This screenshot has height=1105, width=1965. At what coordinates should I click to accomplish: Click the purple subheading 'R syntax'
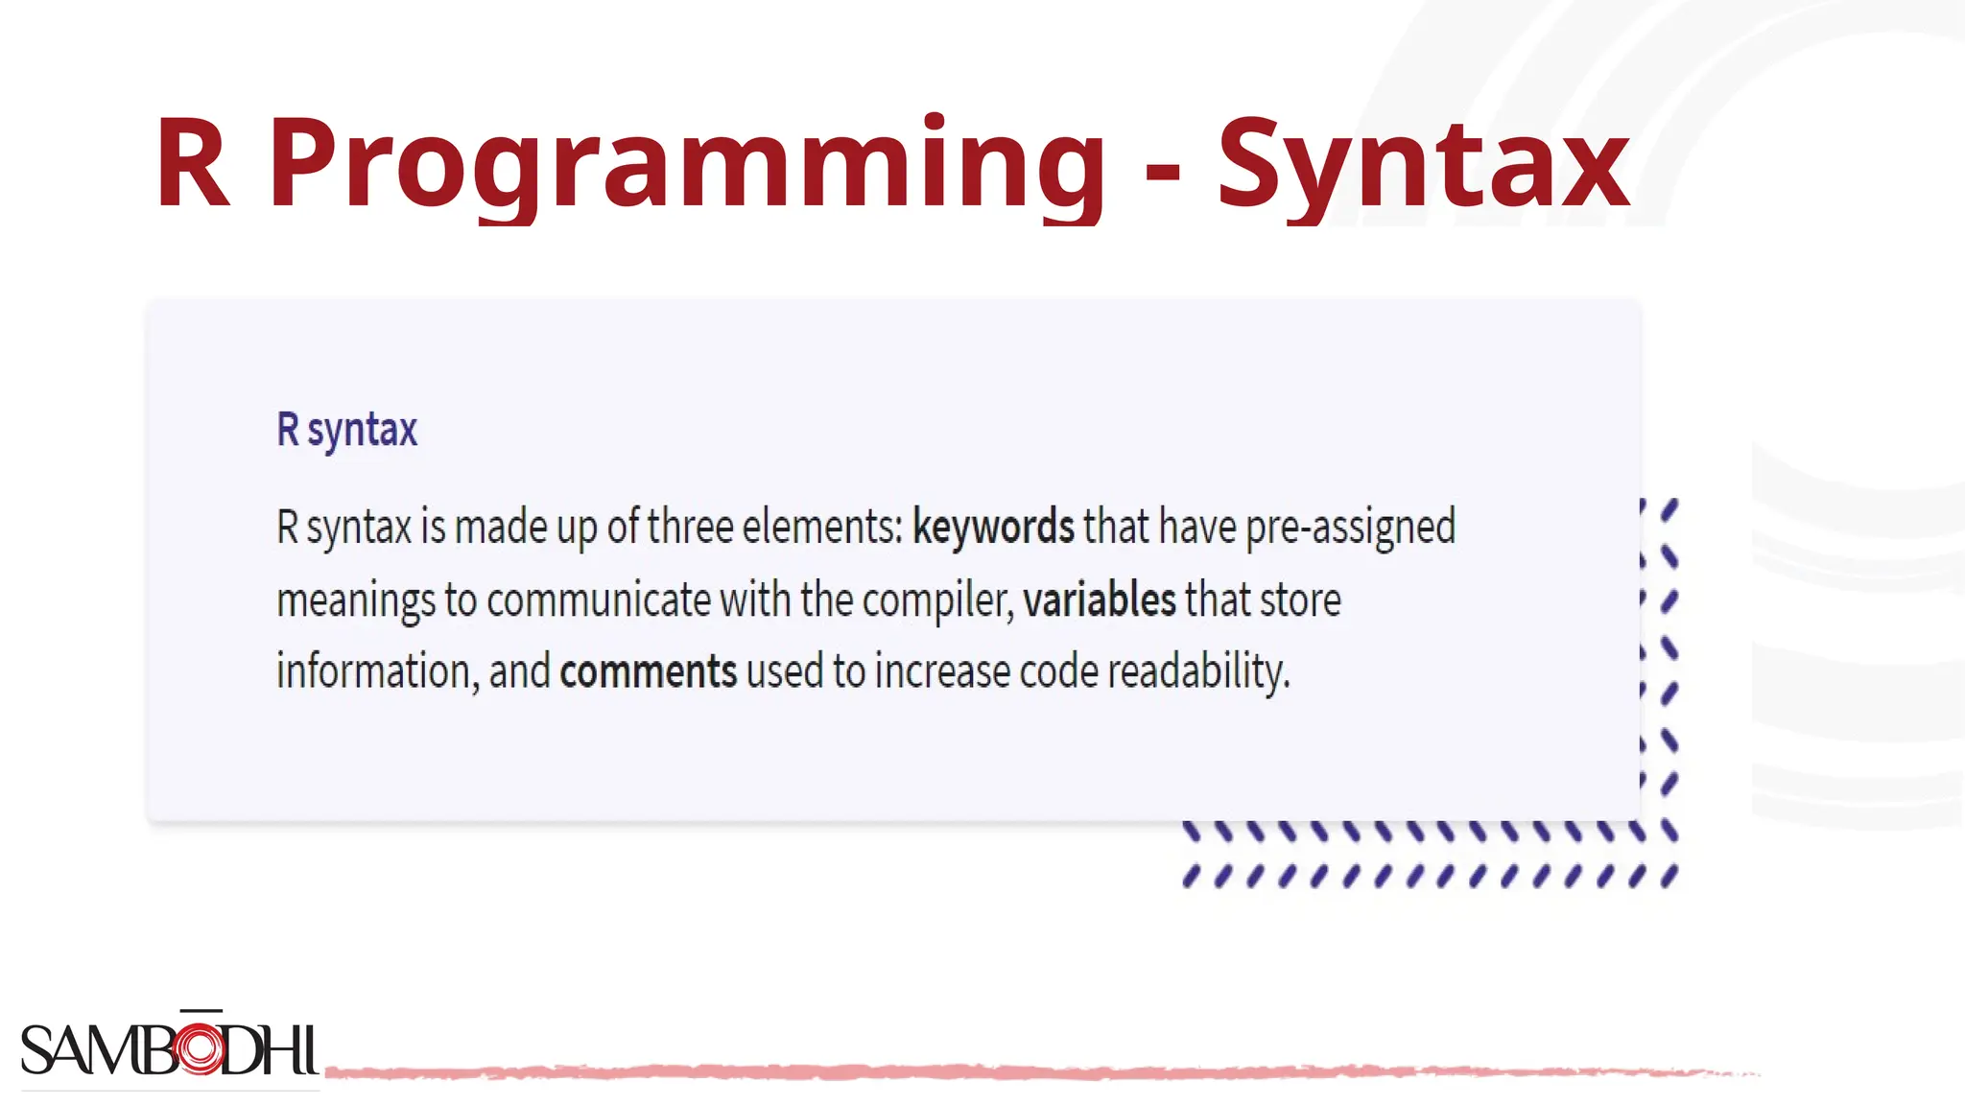(347, 430)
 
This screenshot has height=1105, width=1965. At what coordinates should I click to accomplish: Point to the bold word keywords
(993, 527)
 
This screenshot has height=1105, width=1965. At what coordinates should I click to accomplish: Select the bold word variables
(1099, 600)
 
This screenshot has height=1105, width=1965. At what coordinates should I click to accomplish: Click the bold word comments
(649, 671)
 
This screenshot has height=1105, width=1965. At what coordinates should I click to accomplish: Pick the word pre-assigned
(1350, 527)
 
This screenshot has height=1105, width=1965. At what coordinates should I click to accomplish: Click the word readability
(1198, 671)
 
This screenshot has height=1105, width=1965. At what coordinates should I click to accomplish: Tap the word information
(377, 671)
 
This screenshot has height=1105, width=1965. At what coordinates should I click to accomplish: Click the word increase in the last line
(942, 671)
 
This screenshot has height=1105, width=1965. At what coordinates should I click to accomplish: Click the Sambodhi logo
(169, 1048)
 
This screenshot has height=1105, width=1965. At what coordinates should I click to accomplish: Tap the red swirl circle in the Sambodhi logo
(201, 1047)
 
